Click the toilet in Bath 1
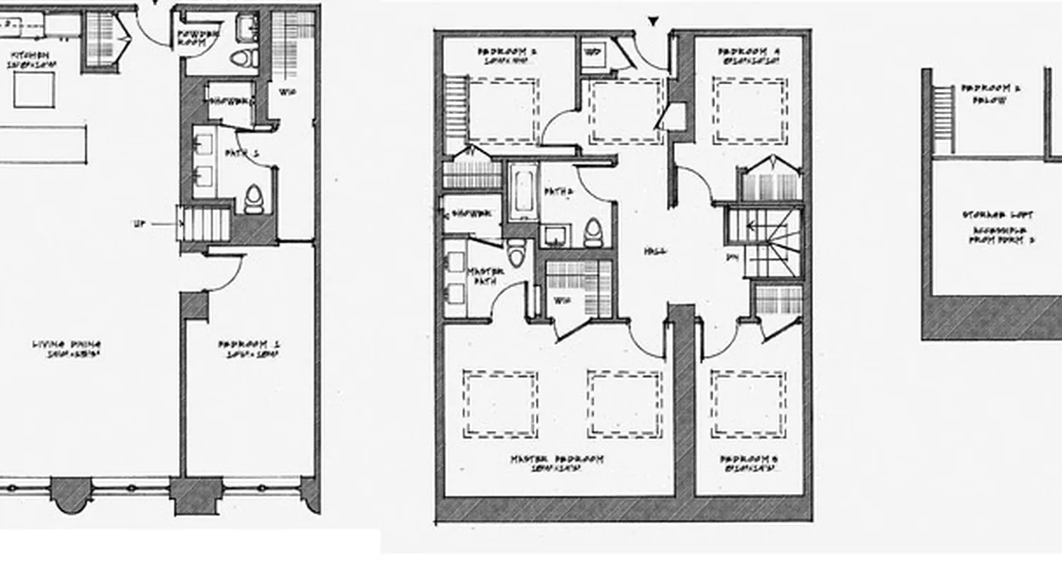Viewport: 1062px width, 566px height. click(253, 200)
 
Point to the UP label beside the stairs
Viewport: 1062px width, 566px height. click(139, 224)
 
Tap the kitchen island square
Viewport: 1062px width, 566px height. click(34, 91)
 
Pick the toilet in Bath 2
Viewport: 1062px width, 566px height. click(593, 233)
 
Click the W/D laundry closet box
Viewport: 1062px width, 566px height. click(593, 54)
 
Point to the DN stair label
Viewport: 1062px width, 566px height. click(732, 258)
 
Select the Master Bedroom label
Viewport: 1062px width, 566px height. click(557, 460)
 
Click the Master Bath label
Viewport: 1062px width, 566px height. click(485, 277)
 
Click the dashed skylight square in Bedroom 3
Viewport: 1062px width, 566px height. click(749, 404)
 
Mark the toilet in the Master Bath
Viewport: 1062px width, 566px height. click(516, 252)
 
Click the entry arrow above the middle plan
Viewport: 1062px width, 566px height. click(653, 23)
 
